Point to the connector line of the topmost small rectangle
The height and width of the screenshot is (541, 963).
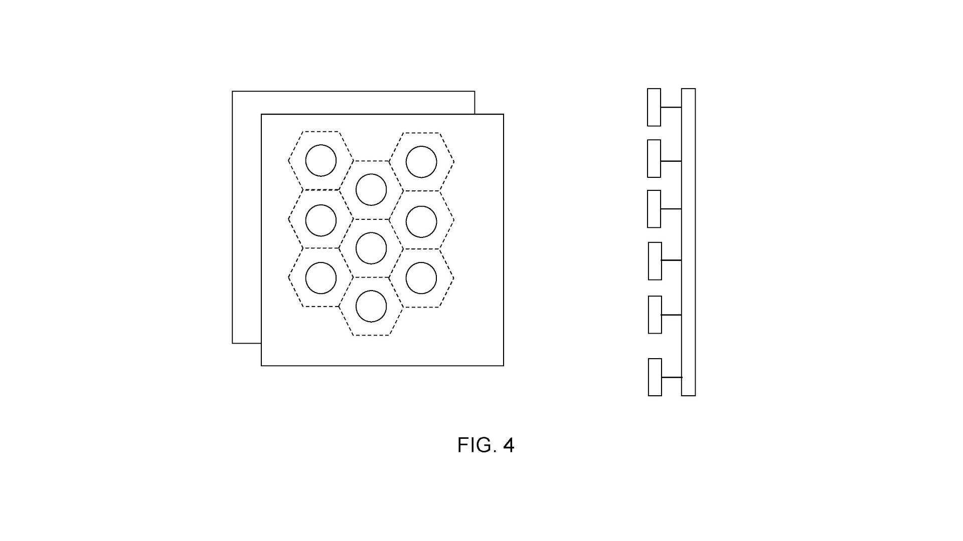pyautogui.click(x=671, y=107)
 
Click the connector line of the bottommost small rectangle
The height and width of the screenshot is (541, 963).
pyautogui.click(x=672, y=377)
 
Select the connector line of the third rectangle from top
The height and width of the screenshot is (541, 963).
pyautogui.click(x=671, y=209)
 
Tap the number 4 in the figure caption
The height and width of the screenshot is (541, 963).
pyautogui.click(x=509, y=445)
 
